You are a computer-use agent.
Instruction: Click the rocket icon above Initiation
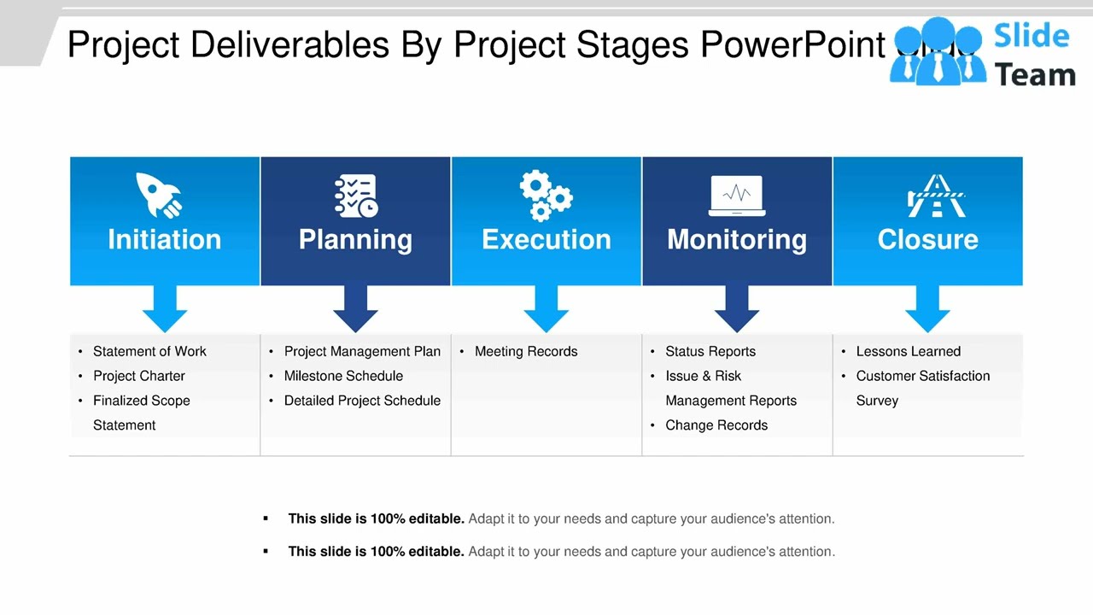click(x=160, y=195)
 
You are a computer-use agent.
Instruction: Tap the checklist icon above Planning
click(x=355, y=196)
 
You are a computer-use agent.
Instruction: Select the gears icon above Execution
click(x=546, y=196)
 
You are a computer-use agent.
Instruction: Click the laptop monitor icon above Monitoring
click(x=737, y=196)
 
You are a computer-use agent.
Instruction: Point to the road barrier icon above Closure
click(x=935, y=196)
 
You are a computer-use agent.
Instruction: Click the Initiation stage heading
click(x=164, y=239)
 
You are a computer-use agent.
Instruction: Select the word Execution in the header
click(x=546, y=239)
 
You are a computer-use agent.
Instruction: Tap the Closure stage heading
click(x=927, y=239)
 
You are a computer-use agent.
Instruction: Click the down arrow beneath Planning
click(x=355, y=308)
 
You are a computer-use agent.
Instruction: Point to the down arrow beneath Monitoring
click(x=737, y=308)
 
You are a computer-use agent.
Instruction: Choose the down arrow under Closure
click(x=927, y=308)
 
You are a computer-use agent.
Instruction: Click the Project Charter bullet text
click(x=139, y=376)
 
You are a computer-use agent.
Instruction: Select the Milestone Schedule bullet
click(x=343, y=376)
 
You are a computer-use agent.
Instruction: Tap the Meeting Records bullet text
click(x=526, y=351)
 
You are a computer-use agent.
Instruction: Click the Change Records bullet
click(x=716, y=425)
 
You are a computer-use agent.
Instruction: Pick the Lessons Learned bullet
click(x=908, y=351)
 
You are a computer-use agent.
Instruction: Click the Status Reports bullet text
click(x=710, y=351)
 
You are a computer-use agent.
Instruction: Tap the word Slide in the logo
click(x=1032, y=36)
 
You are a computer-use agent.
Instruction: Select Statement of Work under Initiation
click(x=149, y=351)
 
